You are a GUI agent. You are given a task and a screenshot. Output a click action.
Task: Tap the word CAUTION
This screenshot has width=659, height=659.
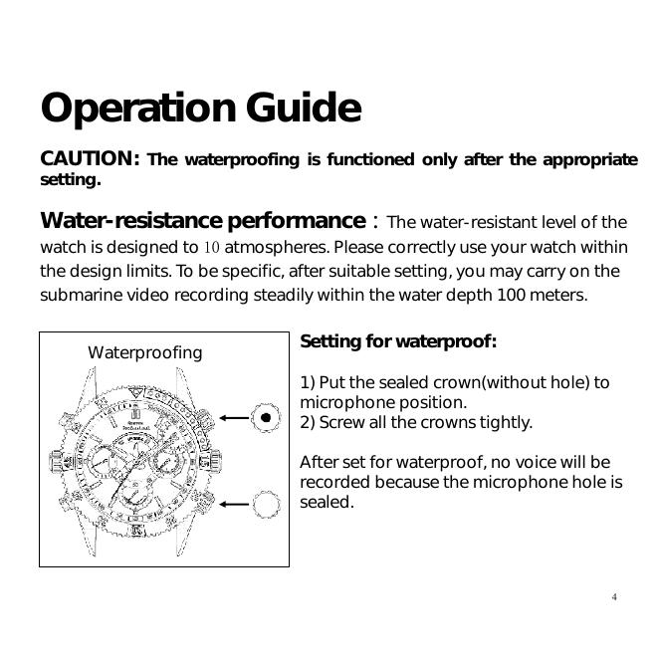pos(88,159)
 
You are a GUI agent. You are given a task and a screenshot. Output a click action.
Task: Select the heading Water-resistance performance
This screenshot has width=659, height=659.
pos(202,220)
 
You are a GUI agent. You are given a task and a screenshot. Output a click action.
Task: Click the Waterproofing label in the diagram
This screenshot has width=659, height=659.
pos(144,352)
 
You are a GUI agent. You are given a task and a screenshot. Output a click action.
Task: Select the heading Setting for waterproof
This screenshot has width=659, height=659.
pos(398,342)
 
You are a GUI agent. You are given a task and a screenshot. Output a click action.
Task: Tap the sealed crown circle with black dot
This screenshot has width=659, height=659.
pos(266,418)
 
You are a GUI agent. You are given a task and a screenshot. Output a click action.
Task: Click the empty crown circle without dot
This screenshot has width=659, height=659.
pos(266,505)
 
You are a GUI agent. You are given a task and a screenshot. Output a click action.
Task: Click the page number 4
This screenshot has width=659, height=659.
pos(614,597)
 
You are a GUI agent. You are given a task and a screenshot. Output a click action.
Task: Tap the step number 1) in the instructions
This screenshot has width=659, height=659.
pos(308,383)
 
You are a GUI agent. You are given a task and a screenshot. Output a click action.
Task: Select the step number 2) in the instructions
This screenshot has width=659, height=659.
pos(308,423)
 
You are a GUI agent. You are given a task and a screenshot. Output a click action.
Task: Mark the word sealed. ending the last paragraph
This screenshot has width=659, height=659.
pos(327,503)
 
